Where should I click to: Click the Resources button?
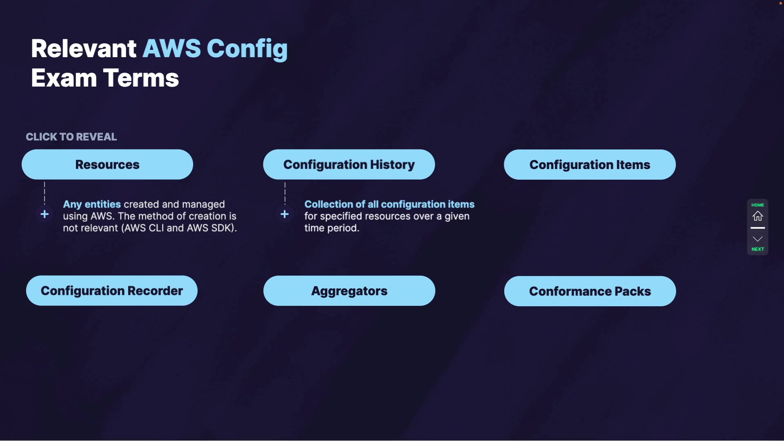click(x=107, y=165)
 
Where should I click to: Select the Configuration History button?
click(x=349, y=165)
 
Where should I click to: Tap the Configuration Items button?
click(x=590, y=165)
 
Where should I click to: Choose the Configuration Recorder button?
click(x=111, y=291)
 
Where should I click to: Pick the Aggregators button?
click(x=349, y=291)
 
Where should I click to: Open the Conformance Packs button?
click(x=590, y=291)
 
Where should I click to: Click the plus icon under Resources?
click(x=45, y=214)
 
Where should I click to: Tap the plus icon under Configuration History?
click(x=285, y=214)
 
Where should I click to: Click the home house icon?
click(x=758, y=216)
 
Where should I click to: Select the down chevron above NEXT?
click(x=758, y=239)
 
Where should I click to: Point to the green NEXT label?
click(x=758, y=249)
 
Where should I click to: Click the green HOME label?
click(x=758, y=205)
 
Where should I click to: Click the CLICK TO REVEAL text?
click(x=71, y=137)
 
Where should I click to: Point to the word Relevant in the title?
click(x=84, y=49)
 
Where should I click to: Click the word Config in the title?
click(x=247, y=49)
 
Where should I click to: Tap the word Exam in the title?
click(x=64, y=78)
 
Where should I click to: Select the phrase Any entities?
click(x=92, y=204)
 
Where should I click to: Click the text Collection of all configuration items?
click(x=390, y=204)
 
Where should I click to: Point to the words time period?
click(x=332, y=228)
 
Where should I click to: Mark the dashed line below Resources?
click(x=45, y=194)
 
